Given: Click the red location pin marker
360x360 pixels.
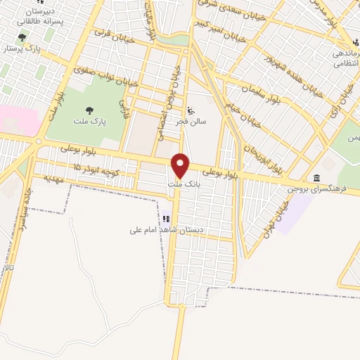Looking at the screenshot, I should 181,165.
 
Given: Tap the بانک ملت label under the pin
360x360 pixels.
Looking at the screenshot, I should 181,185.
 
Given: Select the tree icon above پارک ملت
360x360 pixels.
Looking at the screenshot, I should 89,109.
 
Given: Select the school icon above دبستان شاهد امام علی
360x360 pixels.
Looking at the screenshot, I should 167,219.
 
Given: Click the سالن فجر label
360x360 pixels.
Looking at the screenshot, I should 191,122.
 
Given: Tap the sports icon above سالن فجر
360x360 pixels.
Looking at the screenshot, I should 191,110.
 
